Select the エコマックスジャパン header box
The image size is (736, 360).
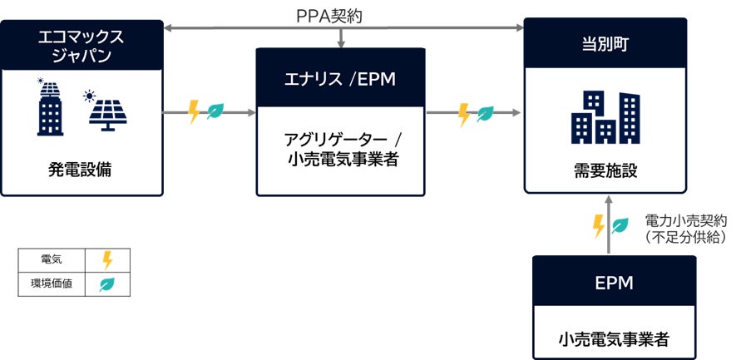point(82,46)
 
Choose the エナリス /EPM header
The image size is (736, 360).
point(340,79)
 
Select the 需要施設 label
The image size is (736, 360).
point(605,171)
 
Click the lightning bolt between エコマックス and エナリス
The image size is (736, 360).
point(195,111)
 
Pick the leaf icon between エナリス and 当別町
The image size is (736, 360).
point(485,114)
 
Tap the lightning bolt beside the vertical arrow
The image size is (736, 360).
point(598,225)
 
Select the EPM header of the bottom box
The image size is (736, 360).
point(614,283)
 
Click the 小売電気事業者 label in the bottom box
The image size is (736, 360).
point(614,338)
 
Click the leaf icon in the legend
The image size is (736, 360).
point(107,284)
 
